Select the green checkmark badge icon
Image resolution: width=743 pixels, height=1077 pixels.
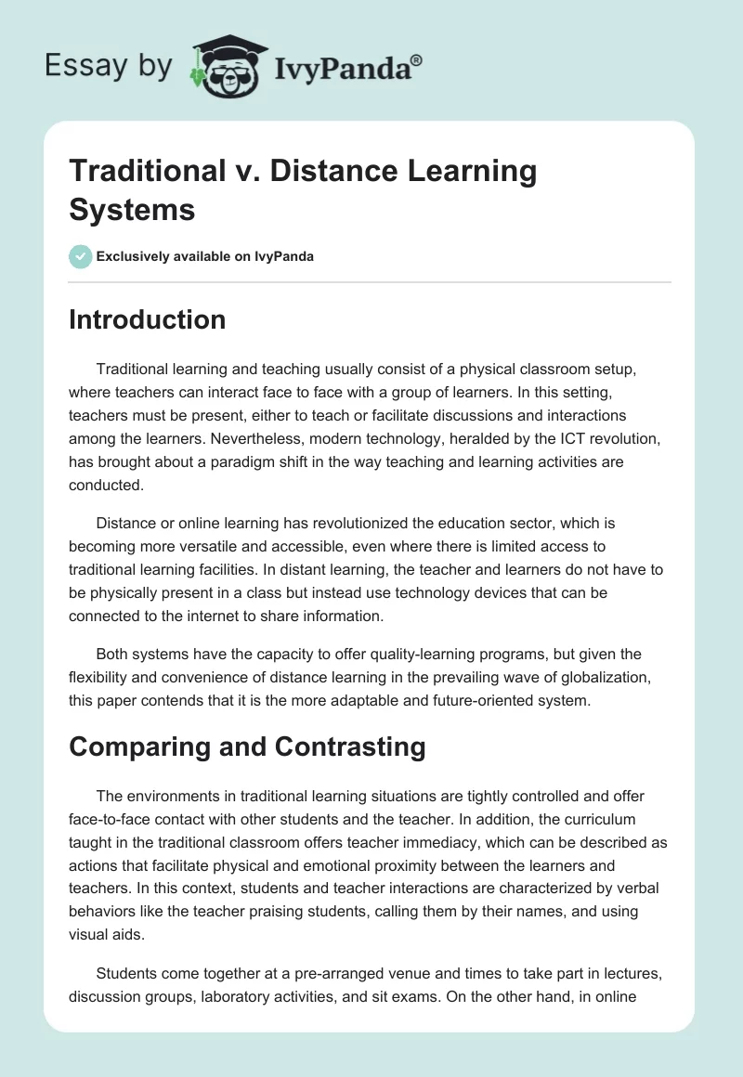(x=81, y=256)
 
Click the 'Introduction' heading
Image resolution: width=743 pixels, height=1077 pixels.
(x=148, y=319)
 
